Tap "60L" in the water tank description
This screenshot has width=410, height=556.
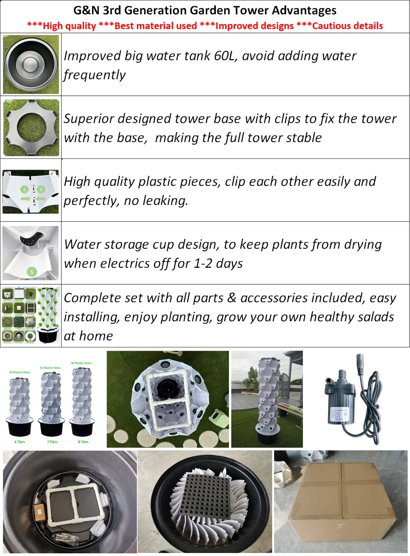point(224,56)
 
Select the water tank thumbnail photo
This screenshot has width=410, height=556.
point(31,65)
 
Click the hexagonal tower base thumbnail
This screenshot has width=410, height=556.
point(31,128)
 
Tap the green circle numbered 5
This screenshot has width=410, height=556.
point(32,272)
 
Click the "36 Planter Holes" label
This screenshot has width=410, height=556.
point(20,372)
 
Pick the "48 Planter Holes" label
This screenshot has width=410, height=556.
point(81,363)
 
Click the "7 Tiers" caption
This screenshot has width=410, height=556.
point(52,442)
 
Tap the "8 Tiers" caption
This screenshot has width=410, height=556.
point(83,442)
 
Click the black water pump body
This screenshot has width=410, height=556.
point(340,406)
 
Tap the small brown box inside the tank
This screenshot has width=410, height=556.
point(39,512)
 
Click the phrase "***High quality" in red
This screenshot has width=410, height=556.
point(62,26)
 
